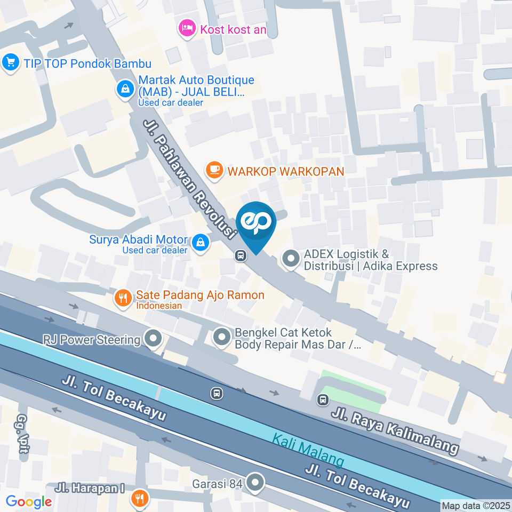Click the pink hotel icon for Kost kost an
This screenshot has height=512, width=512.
[x=187, y=28]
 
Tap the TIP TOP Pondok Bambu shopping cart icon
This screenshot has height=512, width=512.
[x=10, y=62]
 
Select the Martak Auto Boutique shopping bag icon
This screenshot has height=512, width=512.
[x=125, y=89]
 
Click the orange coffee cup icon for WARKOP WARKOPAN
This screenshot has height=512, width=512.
[x=214, y=170]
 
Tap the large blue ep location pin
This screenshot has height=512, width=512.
[x=256, y=224]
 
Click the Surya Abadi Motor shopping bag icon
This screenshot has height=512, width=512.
[x=200, y=243]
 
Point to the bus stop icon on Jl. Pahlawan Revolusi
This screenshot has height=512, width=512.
[x=241, y=256]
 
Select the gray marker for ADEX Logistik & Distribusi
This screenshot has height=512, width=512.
[x=291, y=260]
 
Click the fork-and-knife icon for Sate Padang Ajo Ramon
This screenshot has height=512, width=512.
[x=123, y=299]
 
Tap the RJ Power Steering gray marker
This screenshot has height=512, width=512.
[x=154, y=338]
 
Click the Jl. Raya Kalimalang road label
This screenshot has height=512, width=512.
[x=395, y=431]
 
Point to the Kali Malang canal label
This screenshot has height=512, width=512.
[x=308, y=450]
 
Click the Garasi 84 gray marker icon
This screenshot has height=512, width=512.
[x=256, y=483]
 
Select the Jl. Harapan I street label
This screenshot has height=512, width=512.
[x=90, y=487]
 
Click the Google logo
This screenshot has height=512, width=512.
[x=29, y=501]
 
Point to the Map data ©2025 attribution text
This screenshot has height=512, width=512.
[x=476, y=506]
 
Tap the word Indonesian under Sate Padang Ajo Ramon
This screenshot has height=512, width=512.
[x=159, y=306]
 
